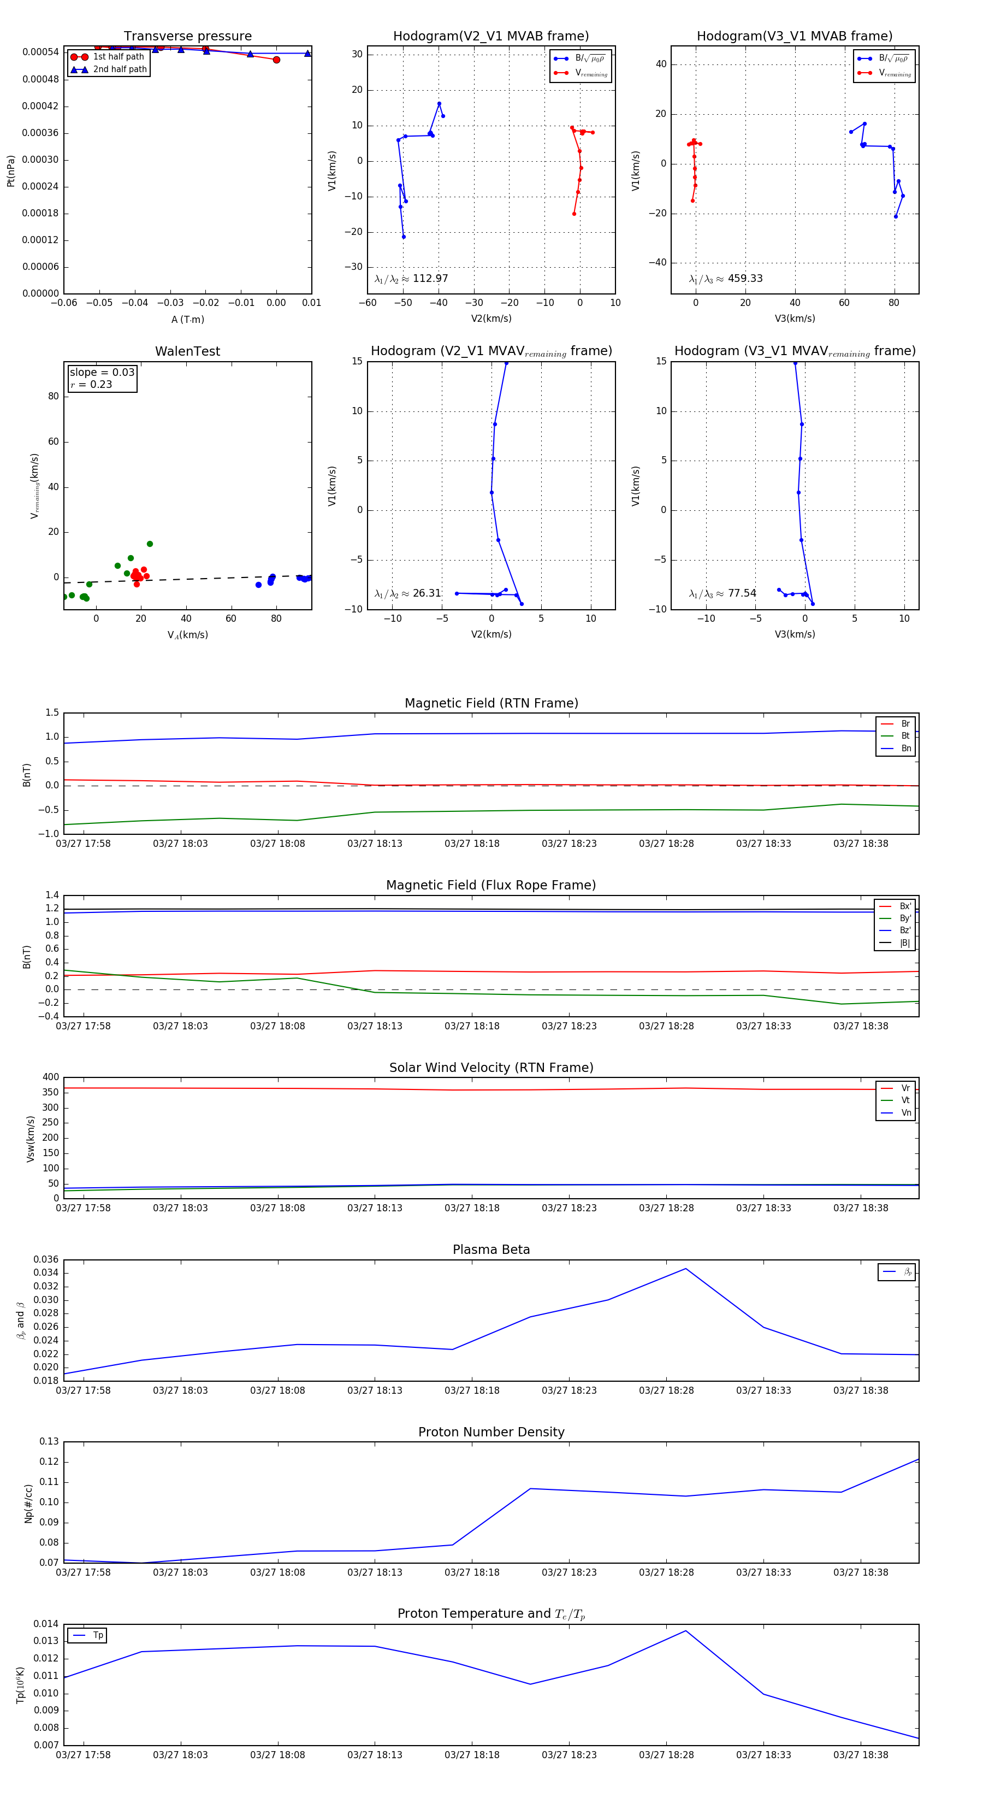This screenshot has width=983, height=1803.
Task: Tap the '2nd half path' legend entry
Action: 120,69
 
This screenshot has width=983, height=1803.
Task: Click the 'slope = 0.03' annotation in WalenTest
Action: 102,373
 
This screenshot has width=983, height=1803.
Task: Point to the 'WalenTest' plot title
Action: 187,351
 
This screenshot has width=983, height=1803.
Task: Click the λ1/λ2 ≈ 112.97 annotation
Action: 411,279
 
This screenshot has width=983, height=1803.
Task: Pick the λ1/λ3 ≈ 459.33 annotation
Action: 726,279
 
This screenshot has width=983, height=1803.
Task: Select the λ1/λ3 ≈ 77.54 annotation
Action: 723,593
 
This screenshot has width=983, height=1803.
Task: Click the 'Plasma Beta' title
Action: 491,1250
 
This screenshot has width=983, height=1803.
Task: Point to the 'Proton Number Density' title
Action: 491,1432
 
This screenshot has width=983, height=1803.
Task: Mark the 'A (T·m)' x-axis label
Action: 187,320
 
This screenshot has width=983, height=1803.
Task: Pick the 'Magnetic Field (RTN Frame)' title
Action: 491,703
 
